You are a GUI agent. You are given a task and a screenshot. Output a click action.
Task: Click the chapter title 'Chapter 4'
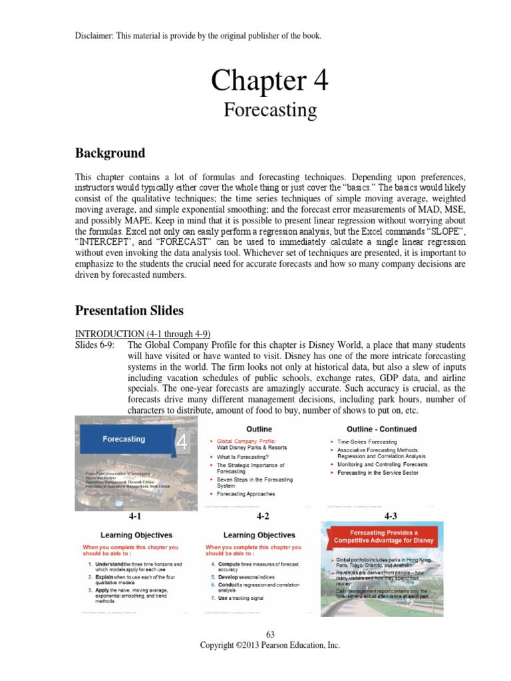tap(269, 80)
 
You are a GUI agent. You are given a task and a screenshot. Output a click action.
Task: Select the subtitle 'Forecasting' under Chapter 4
tap(269, 109)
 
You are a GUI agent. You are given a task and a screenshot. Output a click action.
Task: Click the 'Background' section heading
tap(110, 153)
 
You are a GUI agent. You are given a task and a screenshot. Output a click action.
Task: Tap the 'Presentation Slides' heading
tap(130, 310)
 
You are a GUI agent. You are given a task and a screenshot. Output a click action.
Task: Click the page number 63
tap(269, 634)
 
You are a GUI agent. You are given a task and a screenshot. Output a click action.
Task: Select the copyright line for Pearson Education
tap(269, 645)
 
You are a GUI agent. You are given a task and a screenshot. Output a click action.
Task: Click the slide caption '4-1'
tap(136, 515)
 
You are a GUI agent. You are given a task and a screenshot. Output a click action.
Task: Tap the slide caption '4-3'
tap(389, 515)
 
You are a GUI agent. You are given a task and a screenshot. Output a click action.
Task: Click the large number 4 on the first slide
tap(182, 444)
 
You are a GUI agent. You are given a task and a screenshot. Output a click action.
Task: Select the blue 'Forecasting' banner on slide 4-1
tap(124, 439)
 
